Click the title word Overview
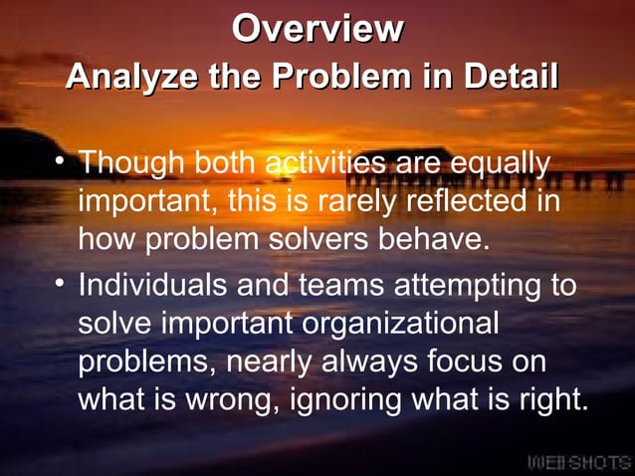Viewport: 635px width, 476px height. (x=317, y=28)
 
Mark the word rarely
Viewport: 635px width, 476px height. (x=373, y=200)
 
